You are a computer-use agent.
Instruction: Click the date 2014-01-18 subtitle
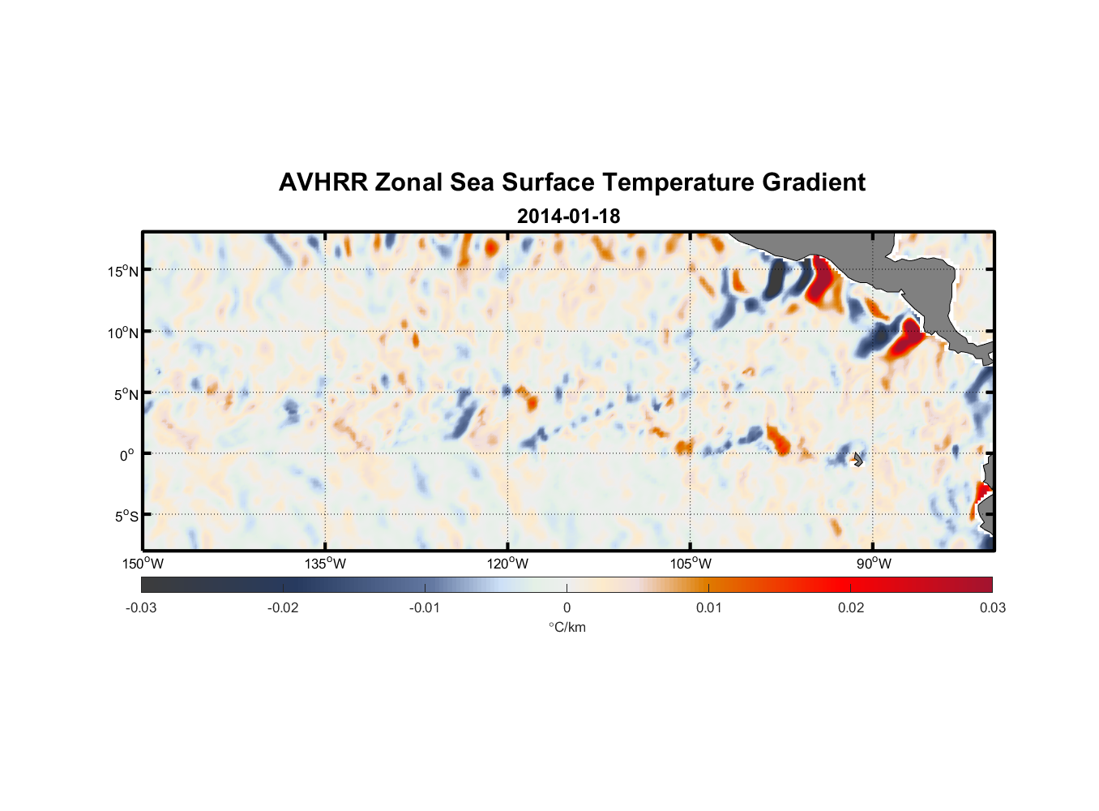point(568,217)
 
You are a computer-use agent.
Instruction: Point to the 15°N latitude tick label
point(123,271)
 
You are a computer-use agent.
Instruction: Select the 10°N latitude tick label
point(123,333)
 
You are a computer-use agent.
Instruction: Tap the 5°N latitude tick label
point(126,394)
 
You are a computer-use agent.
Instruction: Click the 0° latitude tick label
point(127,455)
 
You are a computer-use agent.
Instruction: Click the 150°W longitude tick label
point(143,564)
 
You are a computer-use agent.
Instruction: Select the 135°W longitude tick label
point(326,564)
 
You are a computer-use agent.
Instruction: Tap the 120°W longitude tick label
point(508,564)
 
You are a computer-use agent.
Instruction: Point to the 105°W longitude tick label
point(691,564)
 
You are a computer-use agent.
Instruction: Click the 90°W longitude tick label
point(874,564)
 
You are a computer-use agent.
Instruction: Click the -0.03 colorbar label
point(141,607)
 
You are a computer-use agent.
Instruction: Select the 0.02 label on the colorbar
point(851,607)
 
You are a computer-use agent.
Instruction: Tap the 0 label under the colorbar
point(567,607)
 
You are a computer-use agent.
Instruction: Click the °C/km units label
point(567,627)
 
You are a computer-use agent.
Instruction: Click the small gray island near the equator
point(858,459)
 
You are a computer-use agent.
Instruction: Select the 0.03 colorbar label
point(992,607)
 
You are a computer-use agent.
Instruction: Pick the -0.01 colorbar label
point(425,607)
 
